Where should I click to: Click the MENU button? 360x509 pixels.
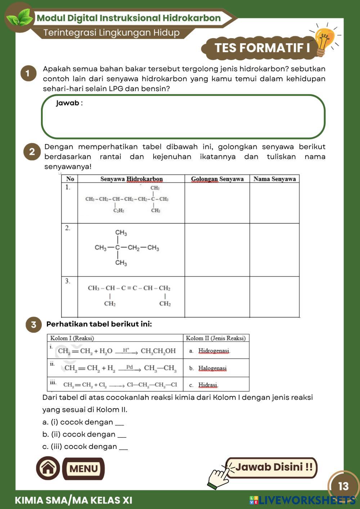click(x=84, y=469)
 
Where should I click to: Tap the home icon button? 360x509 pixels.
click(x=48, y=468)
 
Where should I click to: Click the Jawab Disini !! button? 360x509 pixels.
click(x=274, y=467)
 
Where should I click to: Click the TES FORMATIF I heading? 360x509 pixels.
click(x=262, y=48)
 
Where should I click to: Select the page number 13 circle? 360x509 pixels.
click(x=343, y=486)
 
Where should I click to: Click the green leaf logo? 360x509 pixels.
click(x=19, y=17)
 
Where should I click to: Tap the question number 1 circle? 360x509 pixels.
click(x=28, y=73)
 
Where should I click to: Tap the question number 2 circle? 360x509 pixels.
click(x=32, y=152)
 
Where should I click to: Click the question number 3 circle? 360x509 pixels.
click(x=33, y=325)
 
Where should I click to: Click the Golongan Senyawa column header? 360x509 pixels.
click(x=217, y=179)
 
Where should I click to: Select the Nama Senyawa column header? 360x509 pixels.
click(x=274, y=179)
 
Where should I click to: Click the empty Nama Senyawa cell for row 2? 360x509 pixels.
click(x=274, y=250)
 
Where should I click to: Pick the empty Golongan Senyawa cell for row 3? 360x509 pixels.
click(x=217, y=297)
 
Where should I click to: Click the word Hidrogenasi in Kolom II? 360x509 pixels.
click(x=214, y=351)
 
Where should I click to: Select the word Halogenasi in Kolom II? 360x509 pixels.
click(x=212, y=368)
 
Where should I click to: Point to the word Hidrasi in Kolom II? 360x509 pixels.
click(x=208, y=385)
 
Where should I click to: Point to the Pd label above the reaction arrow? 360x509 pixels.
click(x=130, y=367)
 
